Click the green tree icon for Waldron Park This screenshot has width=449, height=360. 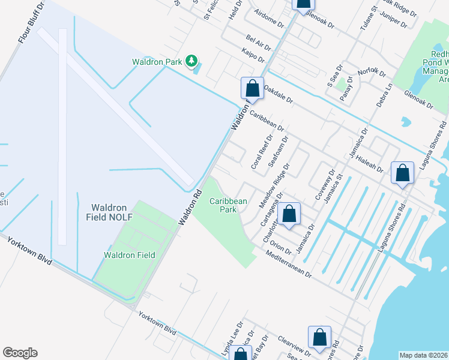pos(191,61)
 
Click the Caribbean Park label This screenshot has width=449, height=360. pos(228,206)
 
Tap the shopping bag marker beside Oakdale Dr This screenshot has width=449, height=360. pos(253,89)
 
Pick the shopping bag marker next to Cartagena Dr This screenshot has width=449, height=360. pos(289,214)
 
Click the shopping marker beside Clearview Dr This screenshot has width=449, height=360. pos(319,338)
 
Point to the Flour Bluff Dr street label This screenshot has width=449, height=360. pos(32,22)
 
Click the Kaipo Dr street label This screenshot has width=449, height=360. pos(253,56)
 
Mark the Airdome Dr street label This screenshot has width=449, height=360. pos(268,20)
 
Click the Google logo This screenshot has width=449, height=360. pos(20,353)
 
